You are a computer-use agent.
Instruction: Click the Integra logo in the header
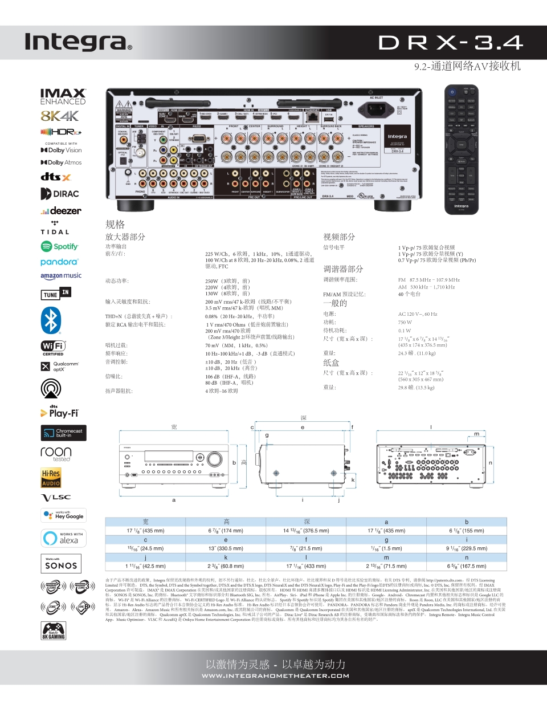[x=78, y=42]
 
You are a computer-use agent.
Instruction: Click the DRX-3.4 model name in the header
[x=450, y=43]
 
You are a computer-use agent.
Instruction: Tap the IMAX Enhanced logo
[x=63, y=96]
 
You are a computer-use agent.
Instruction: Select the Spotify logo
[x=59, y=246]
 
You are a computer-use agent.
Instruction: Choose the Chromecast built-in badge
[x=63, y=433]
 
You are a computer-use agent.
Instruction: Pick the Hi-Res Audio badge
[x=51, y=478]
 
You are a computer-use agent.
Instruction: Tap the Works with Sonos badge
[x=61, y=563]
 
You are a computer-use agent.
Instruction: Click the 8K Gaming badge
[x=54, y=630]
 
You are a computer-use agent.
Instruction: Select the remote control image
[x=461, y=149]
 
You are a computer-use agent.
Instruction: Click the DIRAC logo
[x=60, y=194]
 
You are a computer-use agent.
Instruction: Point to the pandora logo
[x=59, y=262]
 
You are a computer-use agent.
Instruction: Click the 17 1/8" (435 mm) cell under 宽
[x=145, y=531]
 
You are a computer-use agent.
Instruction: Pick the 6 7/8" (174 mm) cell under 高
[x=226, y=531]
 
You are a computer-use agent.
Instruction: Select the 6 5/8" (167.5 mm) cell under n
[x=467, y=566]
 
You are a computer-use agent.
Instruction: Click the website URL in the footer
[x=275, y=676]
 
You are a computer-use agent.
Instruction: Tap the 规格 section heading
[x=115, y=225]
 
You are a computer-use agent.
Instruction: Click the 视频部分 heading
[x=339, y=237]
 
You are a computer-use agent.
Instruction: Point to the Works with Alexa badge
[x=63, y=538]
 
